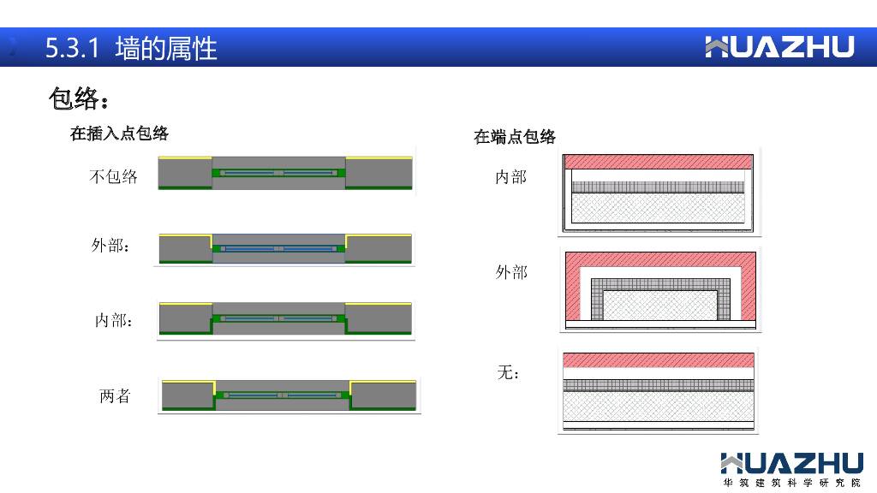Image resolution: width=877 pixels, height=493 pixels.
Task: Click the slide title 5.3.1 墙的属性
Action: tap(131, 48)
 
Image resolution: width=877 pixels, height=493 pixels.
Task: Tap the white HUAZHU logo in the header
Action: tap(779, 47)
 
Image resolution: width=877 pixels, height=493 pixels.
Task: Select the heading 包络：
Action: tap(80, 99)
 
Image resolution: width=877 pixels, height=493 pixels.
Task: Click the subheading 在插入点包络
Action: tap(119, 134)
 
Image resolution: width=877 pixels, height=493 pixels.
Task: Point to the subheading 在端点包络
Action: tap(515, 137)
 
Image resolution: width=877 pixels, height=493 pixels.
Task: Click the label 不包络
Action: tap(113, 177)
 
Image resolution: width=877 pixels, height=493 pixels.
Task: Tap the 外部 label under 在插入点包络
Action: tap(110, 246)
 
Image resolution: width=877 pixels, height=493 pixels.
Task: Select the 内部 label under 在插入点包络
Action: tap(113, 321)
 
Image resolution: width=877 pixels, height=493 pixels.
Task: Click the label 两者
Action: tap(115, 396)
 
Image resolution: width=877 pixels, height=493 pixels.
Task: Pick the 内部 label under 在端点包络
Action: tap(510, 177)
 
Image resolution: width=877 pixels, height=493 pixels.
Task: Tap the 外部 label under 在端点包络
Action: tap(511, 272)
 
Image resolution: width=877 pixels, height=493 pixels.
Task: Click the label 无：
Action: tap(509, 373)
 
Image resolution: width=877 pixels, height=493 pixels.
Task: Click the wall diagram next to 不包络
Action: tap(286, 172)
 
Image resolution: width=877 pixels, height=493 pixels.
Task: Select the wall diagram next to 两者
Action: tap(289, 395)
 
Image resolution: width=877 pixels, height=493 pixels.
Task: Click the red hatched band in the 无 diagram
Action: tap(658, 359)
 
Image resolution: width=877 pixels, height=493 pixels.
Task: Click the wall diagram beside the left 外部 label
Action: tap(285, 247)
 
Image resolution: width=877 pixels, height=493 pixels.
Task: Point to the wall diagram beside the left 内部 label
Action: tap(285, 318)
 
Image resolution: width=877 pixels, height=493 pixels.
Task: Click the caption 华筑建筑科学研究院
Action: tap(791, 483)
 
